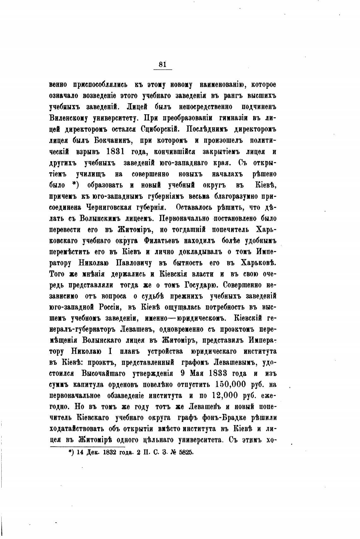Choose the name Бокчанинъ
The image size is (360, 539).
tap(107, 140)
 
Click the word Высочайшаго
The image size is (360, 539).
tap(103, 373)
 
